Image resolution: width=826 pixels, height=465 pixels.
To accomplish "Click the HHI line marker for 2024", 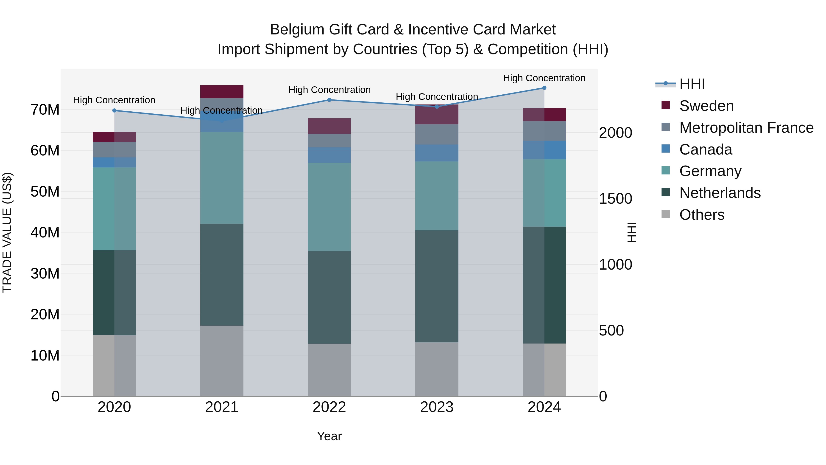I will point(544,88).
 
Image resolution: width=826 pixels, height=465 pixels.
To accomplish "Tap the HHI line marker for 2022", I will point(329,100).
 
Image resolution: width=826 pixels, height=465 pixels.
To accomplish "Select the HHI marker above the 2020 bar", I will point(114,110).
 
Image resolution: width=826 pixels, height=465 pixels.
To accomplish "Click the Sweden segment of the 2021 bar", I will point(222,92).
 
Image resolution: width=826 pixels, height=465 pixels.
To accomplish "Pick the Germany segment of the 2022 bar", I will point(329,207).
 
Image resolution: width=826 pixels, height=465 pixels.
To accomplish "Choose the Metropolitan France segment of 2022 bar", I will point(329,141).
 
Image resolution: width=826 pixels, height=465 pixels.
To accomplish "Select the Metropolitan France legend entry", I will point(746,128).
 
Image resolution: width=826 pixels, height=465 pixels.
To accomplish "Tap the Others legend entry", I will point(702,215).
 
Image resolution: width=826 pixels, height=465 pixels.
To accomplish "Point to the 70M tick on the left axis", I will point(45,110).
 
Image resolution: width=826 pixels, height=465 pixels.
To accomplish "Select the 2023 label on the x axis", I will point(436,407).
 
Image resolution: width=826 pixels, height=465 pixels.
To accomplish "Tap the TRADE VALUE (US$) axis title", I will point(7,232).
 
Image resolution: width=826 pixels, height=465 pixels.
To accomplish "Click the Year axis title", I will point(329,436).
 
